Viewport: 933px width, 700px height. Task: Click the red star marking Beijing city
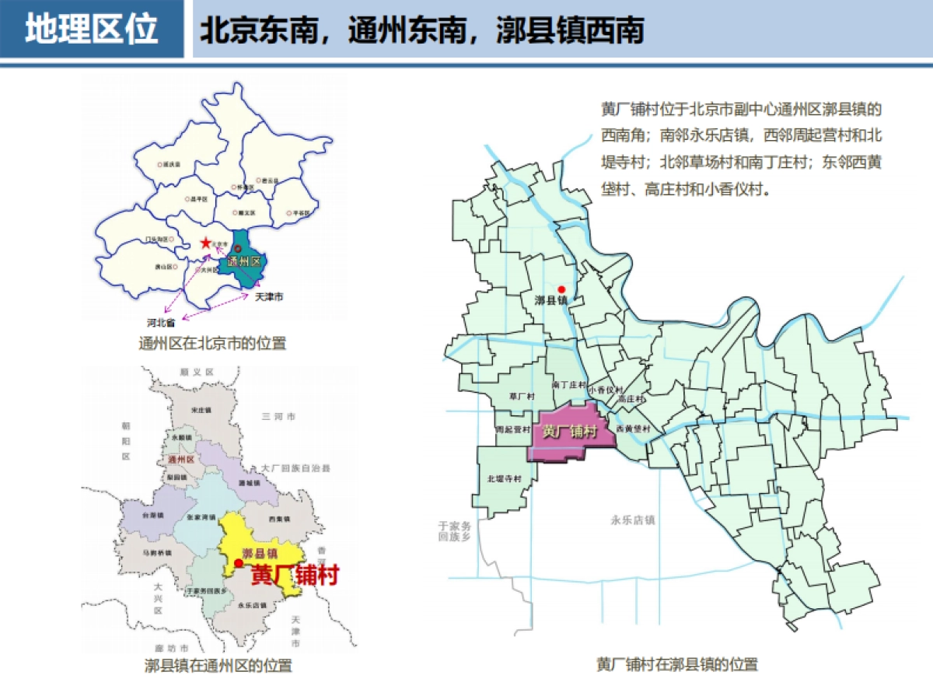click(x=205, y=243)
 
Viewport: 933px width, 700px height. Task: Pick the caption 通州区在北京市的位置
click(x=212, y=343)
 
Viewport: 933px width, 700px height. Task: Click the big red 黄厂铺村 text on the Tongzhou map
click(x=295, y=575)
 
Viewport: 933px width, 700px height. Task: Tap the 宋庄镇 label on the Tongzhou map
click(x=201, y=410)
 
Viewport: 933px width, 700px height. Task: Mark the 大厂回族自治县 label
click(x=295, y=468)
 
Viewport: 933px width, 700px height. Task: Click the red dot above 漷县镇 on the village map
click(x=561, y=289)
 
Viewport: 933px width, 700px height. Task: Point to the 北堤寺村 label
click(x=502, y=479)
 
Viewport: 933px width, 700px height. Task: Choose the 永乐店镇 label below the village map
click(x=633, y=520)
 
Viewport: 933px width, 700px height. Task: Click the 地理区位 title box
click(x=92, y=30)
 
